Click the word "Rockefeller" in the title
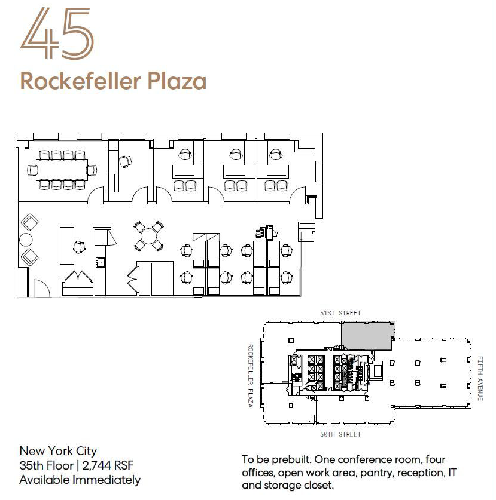[80, 81]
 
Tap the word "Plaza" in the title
[177, 81]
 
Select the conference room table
[62, 170]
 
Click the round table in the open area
[149, 237]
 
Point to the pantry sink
[100, 262]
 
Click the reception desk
[67, 246]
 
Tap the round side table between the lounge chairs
[26, 240]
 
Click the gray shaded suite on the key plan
[367, 336]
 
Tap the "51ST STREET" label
[340, 313]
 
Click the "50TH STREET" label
[340, 434]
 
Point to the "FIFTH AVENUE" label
[480, 378]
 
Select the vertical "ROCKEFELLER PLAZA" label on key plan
[251, 376]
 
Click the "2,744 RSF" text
[108, 465]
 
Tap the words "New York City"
[58, 451]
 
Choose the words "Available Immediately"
[80, 480]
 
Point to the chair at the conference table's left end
[32, 170]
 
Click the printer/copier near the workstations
[266, 231]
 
